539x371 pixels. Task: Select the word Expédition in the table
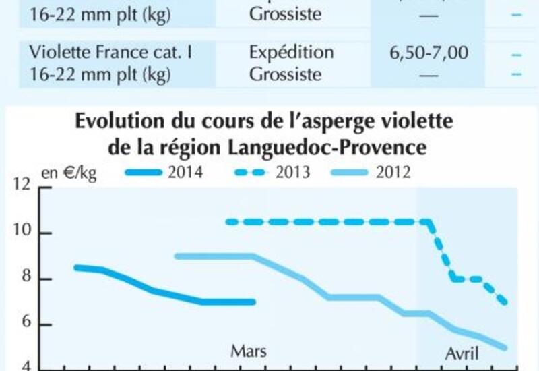291,53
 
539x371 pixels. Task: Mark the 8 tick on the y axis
26,279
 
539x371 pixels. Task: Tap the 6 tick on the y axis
26,324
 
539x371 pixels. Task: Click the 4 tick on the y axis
26,368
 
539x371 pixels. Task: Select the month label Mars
249,351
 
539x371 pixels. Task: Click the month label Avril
462,353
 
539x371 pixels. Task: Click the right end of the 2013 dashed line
505,302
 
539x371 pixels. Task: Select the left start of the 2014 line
76,267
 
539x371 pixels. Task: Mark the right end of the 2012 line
505,348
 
